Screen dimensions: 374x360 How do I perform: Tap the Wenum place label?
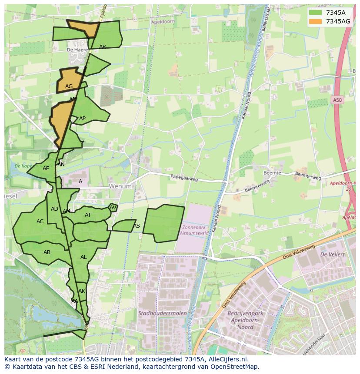(120, 186)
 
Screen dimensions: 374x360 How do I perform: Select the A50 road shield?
(337, 100)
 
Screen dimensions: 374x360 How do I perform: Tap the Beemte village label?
(272, 173)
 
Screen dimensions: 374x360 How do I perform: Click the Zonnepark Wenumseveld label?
(196, 230)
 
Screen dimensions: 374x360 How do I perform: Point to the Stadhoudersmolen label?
(163, 313)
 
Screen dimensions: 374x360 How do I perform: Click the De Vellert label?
(332, 254)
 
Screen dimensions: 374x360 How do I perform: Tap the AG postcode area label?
(69, 86)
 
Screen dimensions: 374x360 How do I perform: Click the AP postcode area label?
(82, 119)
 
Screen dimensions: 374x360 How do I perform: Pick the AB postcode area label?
(47, 252)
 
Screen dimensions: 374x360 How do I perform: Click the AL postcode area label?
(83, 257)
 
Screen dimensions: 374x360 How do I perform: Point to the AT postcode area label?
(88, 215)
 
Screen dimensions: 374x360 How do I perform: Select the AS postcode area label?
(137, 226)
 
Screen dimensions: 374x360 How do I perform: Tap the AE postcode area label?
(46, 169)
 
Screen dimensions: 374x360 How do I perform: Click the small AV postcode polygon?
(113, 208)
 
